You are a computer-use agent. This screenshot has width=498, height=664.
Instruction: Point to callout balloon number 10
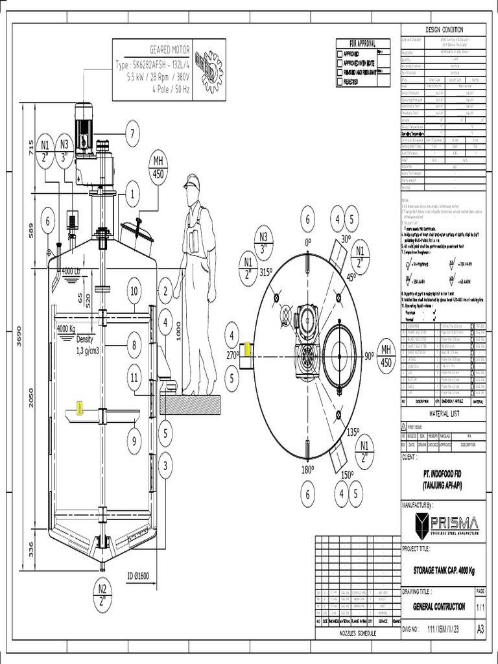pos(134,291)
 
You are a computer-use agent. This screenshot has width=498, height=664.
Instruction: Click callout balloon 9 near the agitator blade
pos(134,442)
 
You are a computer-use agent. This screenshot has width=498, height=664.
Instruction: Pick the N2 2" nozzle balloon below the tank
pos(102,594)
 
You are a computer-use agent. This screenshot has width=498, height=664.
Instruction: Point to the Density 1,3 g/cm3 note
pos(90,345)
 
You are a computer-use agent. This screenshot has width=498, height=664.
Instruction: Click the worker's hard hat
pos(191,181)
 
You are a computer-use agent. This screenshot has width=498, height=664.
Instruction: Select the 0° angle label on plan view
pos(307,241)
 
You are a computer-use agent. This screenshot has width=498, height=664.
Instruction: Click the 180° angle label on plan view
pos(307,469)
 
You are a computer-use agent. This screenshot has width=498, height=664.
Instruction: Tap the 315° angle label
pos(267,273)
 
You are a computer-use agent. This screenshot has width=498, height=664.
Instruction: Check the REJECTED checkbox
pos(340,82)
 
